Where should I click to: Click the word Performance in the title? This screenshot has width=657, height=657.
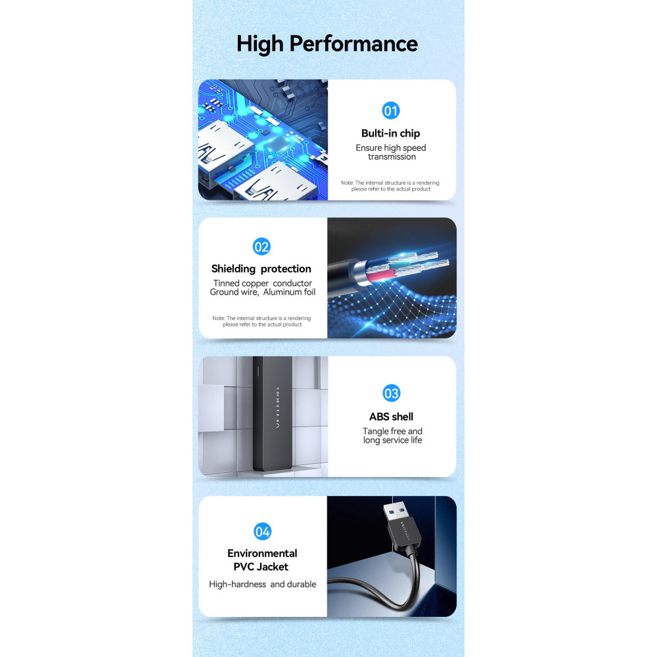point(353,44)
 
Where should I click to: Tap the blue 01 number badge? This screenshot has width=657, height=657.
point(390,110)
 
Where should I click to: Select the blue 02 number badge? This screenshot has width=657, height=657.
point(261,246)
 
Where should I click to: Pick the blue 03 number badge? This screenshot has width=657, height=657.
point(392,393)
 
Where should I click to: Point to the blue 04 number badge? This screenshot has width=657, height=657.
point(262,532)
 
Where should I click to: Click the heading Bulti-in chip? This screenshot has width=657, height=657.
point(390,133)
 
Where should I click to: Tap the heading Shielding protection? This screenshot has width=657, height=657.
point(261,269)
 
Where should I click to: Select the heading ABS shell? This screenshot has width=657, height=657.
point(391,417)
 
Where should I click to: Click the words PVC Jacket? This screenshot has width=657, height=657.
point(261,567)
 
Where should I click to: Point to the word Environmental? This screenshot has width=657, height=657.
point(262,553)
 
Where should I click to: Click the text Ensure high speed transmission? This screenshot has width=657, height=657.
point(391,152)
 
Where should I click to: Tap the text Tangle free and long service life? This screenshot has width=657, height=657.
point(392,436)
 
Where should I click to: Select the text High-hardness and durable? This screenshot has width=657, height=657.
point(262,584)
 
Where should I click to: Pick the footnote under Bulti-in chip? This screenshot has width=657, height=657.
point(390,186)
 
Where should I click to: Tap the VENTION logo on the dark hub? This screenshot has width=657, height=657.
point(277,408)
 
